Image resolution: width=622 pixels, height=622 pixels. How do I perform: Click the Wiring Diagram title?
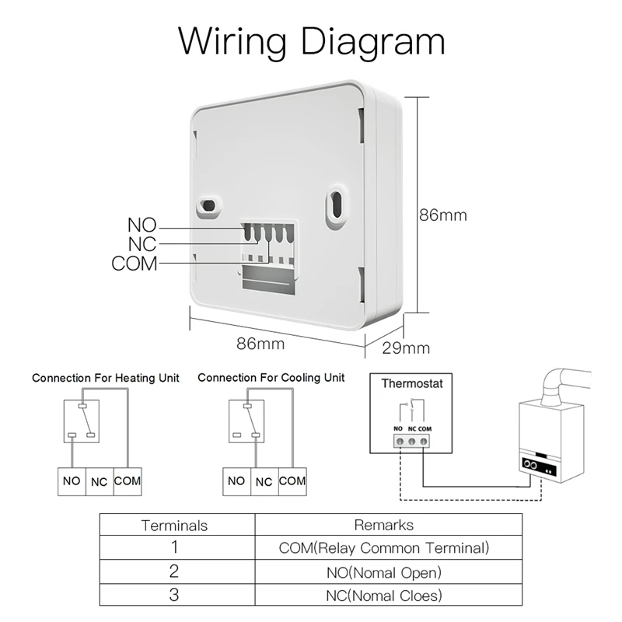click(x=311, y=40)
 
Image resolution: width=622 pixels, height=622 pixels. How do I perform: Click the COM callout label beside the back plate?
click(x=134, y=264)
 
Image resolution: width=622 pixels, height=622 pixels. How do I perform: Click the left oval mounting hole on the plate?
click(x=208, y=205)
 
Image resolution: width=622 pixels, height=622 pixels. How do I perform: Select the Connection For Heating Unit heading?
click(x=106, y=378)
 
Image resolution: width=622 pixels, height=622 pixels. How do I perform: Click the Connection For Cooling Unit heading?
click(x=271, y=378)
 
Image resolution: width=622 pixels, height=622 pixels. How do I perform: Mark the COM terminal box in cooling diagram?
click(x=292, y=481)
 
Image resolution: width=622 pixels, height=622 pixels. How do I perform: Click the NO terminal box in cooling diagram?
click(x=236, y=481)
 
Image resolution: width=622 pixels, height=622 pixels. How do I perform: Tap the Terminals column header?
click(x=175, y=526)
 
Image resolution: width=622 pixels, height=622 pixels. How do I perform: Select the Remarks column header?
click(x=383, y=526)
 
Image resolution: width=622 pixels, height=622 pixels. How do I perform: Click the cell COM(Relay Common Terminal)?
click(x=383, y=548)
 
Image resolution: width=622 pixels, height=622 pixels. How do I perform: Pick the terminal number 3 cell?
click(x=175, y=596)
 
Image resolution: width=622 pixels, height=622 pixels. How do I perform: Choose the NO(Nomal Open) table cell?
click(x=383, y=572)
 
